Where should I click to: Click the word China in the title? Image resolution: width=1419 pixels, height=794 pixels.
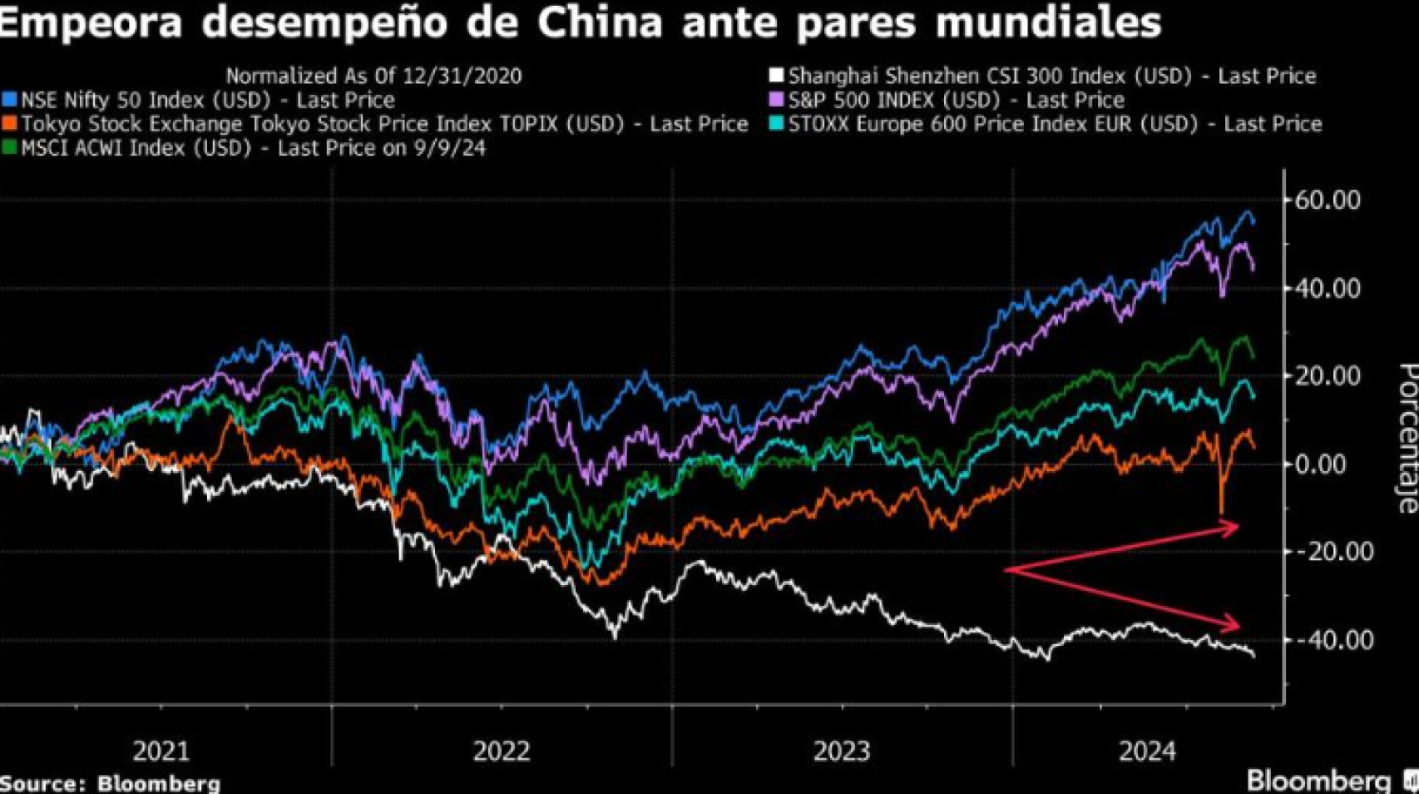pos(599,22)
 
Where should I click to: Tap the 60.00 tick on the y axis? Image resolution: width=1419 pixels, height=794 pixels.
pos(1328,201)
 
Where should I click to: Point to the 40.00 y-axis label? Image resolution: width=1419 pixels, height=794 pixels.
pos(1328,289)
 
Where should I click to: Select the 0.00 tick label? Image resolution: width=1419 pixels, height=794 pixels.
pos(1334,464)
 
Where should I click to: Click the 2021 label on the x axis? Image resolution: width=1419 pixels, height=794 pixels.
pos(161,752)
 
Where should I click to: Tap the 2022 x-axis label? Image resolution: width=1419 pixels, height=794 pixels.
pos(502,752)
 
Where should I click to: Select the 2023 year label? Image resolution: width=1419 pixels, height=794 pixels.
pos(841,752)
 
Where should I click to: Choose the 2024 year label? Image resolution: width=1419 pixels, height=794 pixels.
pos(1147,752)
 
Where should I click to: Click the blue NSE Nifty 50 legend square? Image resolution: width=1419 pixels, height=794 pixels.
pos(9,100)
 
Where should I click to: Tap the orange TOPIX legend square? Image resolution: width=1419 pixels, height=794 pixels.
pos(9,124)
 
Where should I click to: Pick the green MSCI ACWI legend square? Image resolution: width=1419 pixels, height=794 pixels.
pos(9,148)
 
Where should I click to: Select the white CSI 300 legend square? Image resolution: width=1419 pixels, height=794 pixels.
pos(776,76)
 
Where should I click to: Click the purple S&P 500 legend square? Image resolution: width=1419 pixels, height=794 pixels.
pos(776,100)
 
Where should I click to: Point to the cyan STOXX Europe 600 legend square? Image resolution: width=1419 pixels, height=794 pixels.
pos(776,124)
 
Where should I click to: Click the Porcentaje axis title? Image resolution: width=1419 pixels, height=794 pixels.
pos(1406,437)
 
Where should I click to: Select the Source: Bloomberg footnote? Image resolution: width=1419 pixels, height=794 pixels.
pos(110,783)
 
